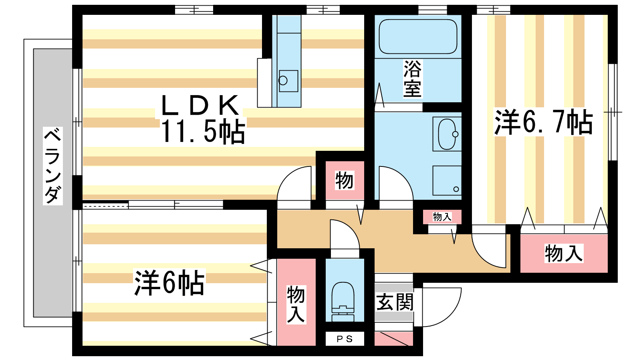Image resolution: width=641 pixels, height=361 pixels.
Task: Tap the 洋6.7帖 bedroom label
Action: [x=543, y=122]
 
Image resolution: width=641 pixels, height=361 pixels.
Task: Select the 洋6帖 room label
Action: [x=169, y=282]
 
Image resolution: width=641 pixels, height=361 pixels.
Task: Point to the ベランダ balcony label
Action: [x=53, y=166]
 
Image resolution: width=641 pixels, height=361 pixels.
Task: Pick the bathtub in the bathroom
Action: [x=418, y=37]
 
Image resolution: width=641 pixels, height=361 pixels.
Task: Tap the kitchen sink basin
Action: [x=288, y=81]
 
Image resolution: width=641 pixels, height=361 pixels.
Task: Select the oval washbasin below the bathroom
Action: [x=447, y=134]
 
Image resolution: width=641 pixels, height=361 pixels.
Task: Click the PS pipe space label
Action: [x=345, y=339]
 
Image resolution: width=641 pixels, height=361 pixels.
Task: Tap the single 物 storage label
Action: [x=344, y=180]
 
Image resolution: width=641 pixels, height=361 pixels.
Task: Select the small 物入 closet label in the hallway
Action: [x=442, y=217]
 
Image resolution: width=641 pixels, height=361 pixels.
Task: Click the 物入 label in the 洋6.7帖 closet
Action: [x=564, y=253]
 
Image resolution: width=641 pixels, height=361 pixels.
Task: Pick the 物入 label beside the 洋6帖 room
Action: [x=296, y=305]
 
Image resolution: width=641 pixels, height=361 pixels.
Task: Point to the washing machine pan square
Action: [x=447, y=180]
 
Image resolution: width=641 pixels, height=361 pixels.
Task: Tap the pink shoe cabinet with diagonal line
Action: [x=394, y=339]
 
